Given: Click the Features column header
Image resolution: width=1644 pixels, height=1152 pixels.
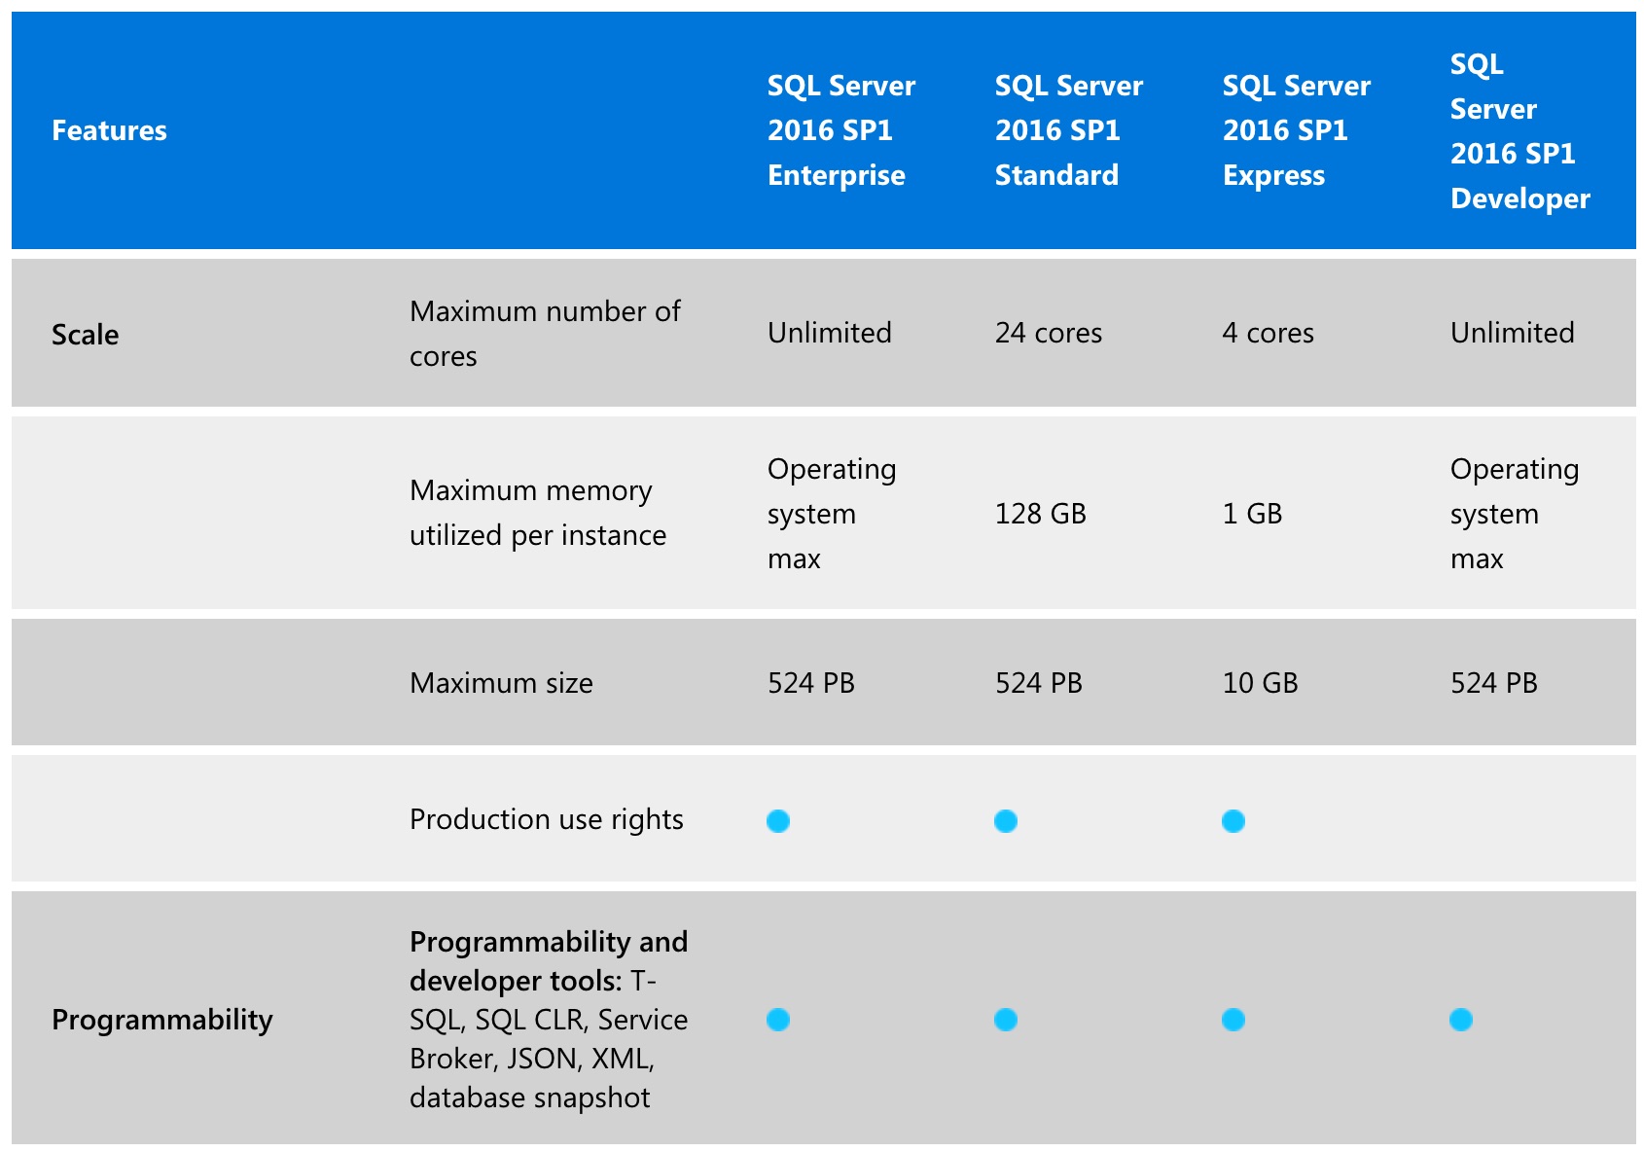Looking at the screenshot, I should [x=109, y=130].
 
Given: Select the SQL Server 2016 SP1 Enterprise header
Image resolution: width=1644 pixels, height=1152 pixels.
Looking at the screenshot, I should [x=840, y=130].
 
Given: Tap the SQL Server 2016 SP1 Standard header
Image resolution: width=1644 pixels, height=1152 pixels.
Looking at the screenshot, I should [x=1068, y=130].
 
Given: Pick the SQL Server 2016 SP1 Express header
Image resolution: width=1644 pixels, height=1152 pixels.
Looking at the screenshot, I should [x=1296, y=130].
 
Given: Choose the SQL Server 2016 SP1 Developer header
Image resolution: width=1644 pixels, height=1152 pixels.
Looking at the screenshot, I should [x=1519, y=130].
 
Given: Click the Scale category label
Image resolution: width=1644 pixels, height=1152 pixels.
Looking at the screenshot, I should [x=85, y=335].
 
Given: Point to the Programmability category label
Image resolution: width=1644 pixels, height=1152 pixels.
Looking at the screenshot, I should [x=161, y=1020].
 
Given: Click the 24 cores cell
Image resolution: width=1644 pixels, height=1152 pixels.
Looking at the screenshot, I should [x=1048, y=333].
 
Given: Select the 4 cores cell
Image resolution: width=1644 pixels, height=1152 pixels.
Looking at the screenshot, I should [x=1268, y=333].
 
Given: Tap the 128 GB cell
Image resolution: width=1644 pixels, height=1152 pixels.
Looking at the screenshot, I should [x=1040, y=514].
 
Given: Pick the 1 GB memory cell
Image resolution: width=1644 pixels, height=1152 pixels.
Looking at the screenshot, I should [x=1252, y=514].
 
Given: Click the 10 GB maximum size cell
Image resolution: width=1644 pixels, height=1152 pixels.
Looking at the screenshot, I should [x=1260, y=683].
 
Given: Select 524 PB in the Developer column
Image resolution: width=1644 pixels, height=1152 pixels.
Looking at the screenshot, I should [x=1493, y=683].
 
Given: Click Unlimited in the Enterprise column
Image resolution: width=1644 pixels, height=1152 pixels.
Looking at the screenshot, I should [x=829, y=333].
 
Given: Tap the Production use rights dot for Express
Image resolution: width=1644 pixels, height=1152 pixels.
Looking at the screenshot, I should [x=1233, y=821].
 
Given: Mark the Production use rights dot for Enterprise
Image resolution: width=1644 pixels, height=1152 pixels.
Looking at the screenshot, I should [x=778, y=821].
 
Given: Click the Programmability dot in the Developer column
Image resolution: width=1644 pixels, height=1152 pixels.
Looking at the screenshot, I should [x=1460, y=1020].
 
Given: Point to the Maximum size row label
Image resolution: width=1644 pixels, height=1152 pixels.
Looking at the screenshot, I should [x=501, y=683].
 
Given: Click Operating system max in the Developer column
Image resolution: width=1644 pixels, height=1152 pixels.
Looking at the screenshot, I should [x=1513, y=514].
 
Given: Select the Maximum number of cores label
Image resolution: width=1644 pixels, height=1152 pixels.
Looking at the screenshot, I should [x=545, y=334].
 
